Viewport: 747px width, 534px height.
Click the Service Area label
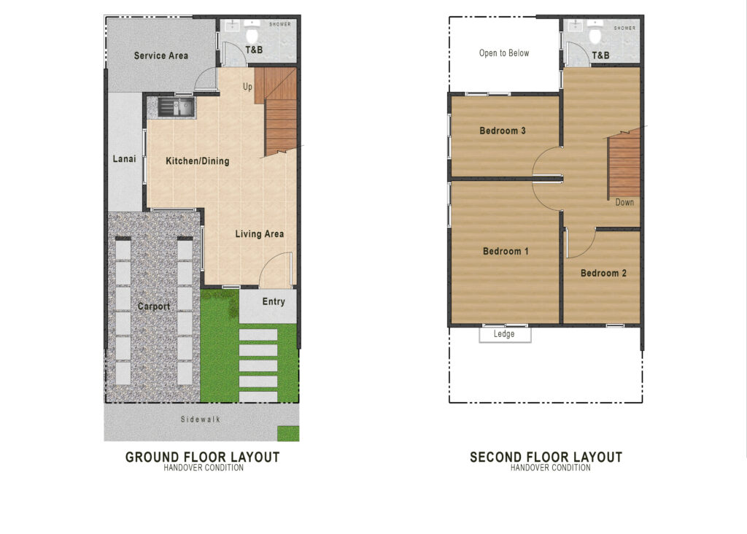click(x=161, y=55)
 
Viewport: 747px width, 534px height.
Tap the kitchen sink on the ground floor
click(x=176, y=107)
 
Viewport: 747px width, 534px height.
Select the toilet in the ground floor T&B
click(x=252, y=34)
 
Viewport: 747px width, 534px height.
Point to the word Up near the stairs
click(x=247, y=87)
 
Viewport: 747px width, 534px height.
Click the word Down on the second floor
click(x=624, y=203)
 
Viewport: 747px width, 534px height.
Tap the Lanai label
click(x=124, y=158)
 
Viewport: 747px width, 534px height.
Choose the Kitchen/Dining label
click(x=198, y=161)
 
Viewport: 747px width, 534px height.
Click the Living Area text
click(x=260, y=234)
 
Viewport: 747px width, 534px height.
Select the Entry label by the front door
click(x=274, y=301)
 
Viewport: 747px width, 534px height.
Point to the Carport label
click(x=153, y=306)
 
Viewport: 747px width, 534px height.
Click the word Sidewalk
click(x=201, y=419)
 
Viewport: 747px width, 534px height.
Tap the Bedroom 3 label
click(x=503, y=131)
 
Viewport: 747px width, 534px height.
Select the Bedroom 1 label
click(x=506, y=251)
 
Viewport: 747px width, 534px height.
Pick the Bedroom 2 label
click(x=603, y=273)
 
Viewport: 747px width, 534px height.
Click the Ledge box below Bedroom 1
click(x=505, y=334)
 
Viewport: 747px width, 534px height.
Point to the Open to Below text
click(x=504, y=53)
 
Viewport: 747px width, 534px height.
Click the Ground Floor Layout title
click(x=203, y=457)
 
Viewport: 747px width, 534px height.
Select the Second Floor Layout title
click(x=546, y=457)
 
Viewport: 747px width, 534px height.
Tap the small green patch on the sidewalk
click(x=288, y=433)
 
